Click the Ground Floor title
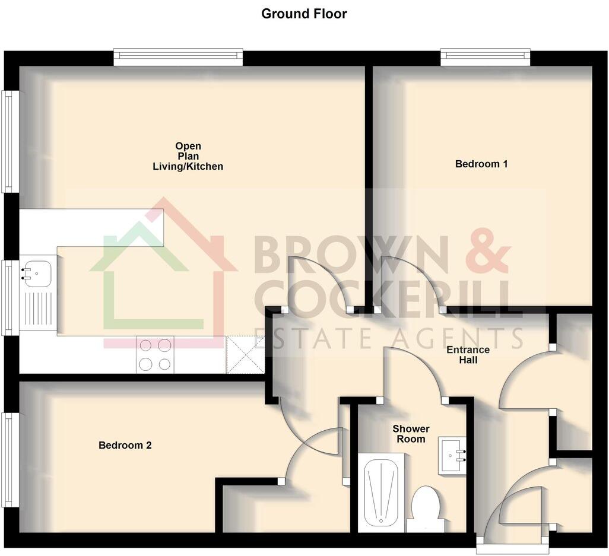pyautogui.click(x=304, y=14)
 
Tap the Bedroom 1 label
pyautogui.click(x=481, y=164)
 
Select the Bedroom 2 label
pyautogui.click(x=125, y=445)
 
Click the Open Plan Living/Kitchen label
pyautogui.click(x=188, y=156)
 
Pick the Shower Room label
pyautogui.click(x=411, y=434)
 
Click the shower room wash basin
pyautogui.click(x=452, y=455)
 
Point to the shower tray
pyautogui.click(x=381, y=492)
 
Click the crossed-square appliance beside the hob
pyautogui.click(x=245, y=354)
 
